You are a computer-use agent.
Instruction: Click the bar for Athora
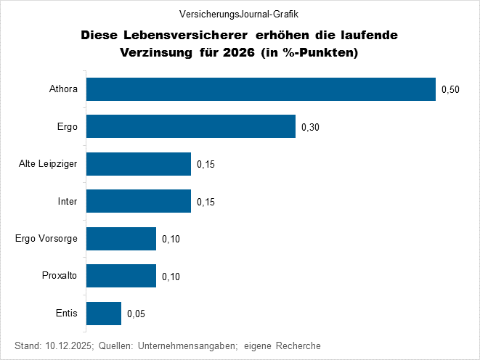pos(261,89)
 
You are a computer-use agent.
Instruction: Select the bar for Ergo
pos(191,127)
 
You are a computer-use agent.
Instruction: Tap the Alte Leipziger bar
pos(139,164)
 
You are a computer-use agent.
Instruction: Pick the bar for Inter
pos(139,201)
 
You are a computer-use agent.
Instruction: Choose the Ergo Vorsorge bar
pos(121,239)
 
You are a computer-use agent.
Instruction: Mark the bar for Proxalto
pos(121,276)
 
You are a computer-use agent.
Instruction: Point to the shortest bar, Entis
pos(104,314)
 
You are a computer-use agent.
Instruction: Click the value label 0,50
pos(450,90)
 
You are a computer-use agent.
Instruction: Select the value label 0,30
pos(310,128)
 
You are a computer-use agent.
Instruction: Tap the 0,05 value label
pos(136,314)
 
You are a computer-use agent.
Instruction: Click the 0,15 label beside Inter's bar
pos(206,202)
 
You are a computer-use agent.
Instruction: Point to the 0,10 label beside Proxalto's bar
pos(171,277)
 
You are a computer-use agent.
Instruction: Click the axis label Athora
pos(63,89)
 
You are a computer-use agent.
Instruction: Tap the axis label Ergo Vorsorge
pos(46,239)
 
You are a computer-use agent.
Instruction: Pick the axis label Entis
pos(67,314)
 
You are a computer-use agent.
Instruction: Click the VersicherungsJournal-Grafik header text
pos(239,14)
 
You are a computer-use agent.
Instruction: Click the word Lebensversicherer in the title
pos(184,35)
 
